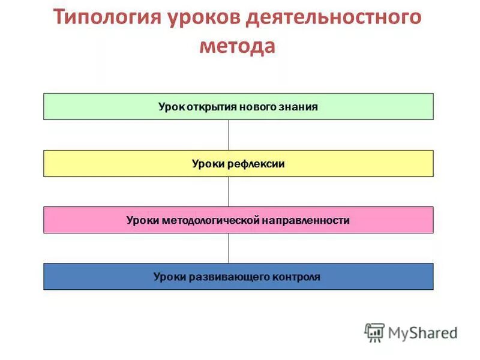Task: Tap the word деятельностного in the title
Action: [x=334, y=17]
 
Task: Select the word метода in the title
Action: [x=238, y=46]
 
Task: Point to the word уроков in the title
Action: [x=200, y=17]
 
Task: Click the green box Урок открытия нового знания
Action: [x=238, y=107]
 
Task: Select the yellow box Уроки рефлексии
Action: [x=238, y=164]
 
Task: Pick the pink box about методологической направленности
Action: [x=238, y=220]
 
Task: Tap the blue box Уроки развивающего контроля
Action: [x=238, y=277]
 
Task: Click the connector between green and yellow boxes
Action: [x=229, y=135]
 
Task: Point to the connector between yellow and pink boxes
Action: [x=229, y=191]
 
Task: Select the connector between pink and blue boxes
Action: [x=229, y=248]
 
